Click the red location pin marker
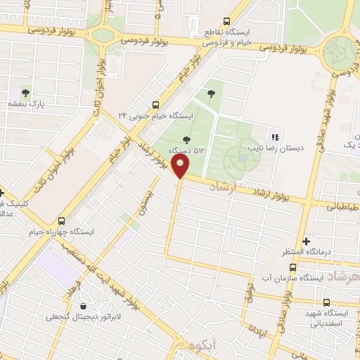pyautogui.click(x=181, y=167)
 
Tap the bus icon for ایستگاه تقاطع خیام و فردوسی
pyautogui.click(x=225, y=21)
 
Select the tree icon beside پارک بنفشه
pyautogui.click(x=26, y=92)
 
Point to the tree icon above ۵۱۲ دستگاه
pyautogui.click(x=186, y=139)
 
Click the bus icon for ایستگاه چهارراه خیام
pyautogui.click(x=61, y=219)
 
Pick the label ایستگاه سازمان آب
pyautogui.click(x=295, y=278)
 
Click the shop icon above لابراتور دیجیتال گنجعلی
pyautogui.click(x=84, y=307)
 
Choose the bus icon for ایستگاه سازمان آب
pyautogui.click(x=292, y=268)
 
